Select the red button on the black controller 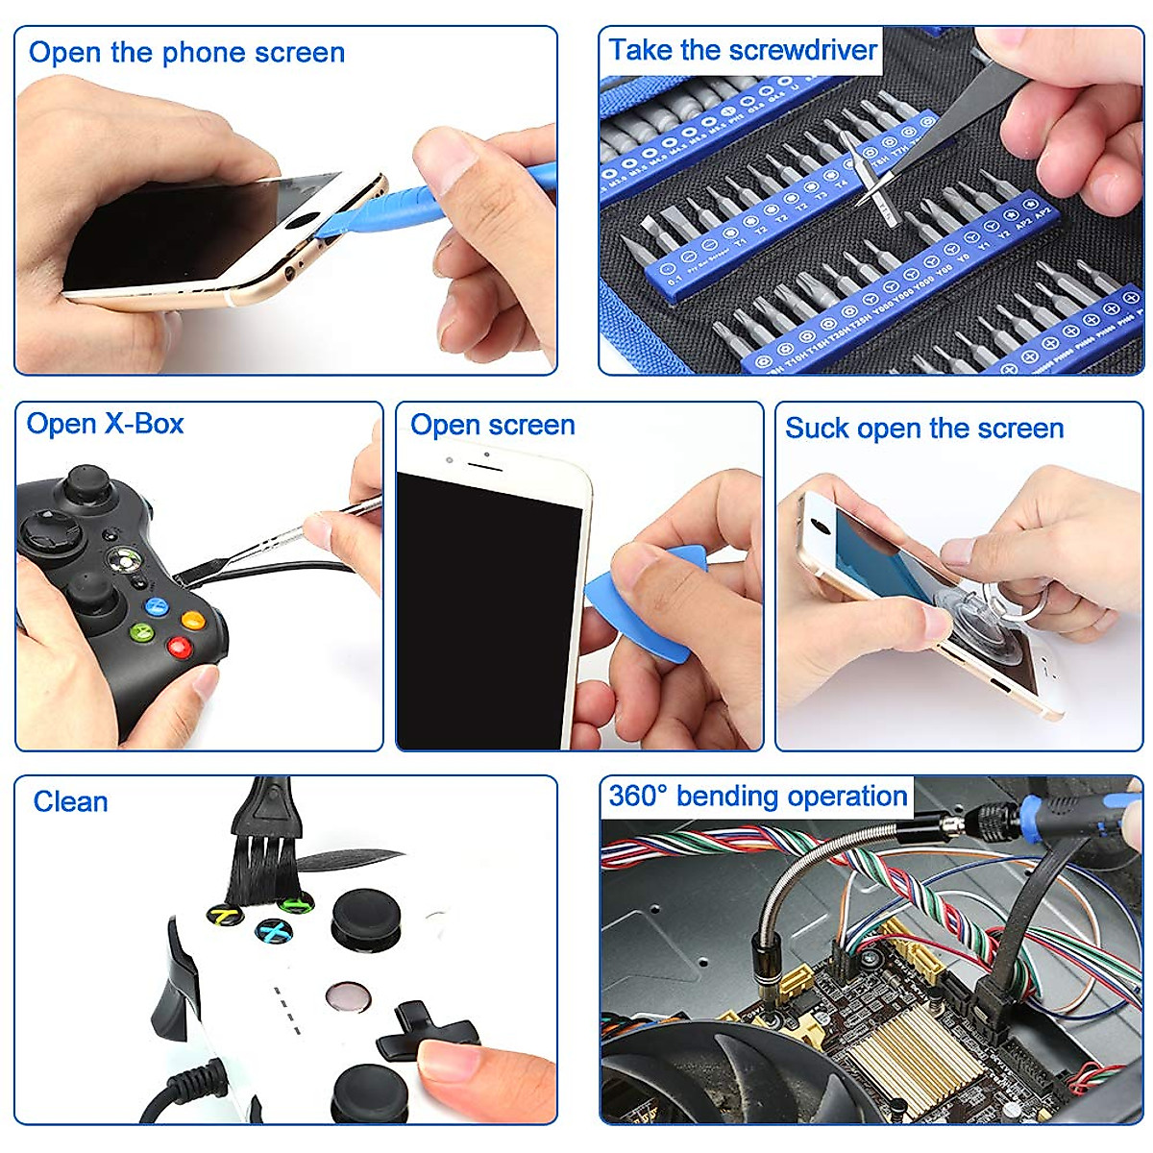(x=179, y=647)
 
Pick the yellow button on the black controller (x=193, y=620)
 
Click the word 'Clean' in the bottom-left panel (x=70, y=802)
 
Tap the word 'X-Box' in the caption (x=144, y=424)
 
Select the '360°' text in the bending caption (x=638, y=797)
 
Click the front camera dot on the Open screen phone (x=450, y=459)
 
